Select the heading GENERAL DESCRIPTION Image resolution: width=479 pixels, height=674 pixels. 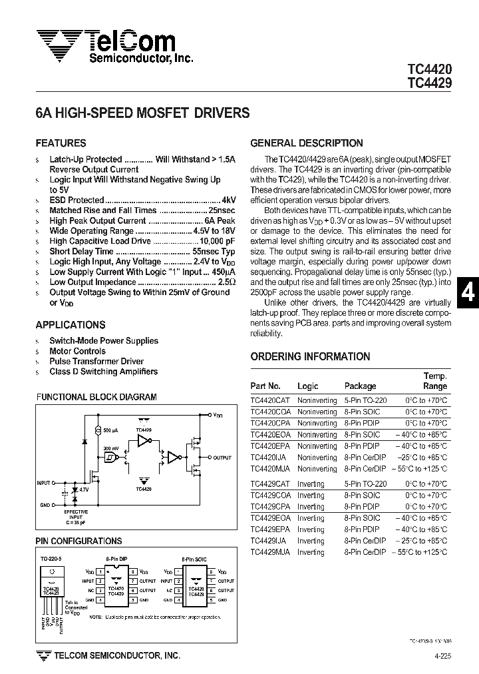click(306, 143)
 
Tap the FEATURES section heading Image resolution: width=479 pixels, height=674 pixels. click(61, 143)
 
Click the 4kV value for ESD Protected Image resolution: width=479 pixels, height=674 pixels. click(229, 200)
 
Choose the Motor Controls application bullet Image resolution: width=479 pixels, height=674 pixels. click(77, 351)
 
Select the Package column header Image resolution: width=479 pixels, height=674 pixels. click(360, 386)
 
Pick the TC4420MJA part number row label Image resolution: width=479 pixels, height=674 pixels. click(270, 469)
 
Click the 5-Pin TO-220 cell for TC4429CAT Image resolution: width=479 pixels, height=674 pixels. click(365, 484)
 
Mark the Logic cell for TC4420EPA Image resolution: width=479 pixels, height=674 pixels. click(317, 446)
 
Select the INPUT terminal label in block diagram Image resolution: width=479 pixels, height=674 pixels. click(44, 482)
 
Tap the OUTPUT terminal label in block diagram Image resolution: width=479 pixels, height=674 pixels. click(222, 458)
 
